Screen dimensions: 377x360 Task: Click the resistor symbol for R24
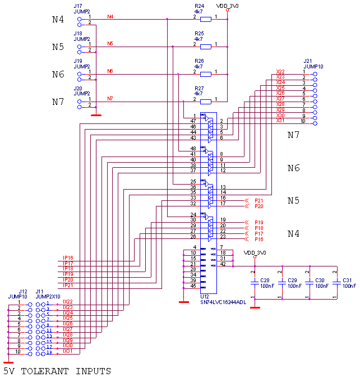tap(206, 20)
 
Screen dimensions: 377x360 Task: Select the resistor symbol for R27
tap(206, 102)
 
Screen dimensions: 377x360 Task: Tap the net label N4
tap(110, 17)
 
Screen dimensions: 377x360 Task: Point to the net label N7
tap(110, 99)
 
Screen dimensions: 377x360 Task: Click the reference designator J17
tap(78, 6)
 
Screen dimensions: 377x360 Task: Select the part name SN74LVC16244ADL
tap(223, 303)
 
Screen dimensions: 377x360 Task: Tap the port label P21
tap(259, 200)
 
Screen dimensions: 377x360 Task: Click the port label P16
tap(259, 240)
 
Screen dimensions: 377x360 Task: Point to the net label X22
tap(280, 72)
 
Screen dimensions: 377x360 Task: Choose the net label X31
tap(280, 121)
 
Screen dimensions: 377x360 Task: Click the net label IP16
tap(68, 258)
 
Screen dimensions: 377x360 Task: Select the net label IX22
tap(68, 302)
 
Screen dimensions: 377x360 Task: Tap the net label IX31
tap(68, 351)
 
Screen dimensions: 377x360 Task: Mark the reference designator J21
tap(308, 61)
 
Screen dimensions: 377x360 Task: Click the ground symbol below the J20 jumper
tap(96, 115)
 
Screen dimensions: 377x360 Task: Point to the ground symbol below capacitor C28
tap(255, 307)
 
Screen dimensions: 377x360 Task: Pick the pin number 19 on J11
tap(49, 354)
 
